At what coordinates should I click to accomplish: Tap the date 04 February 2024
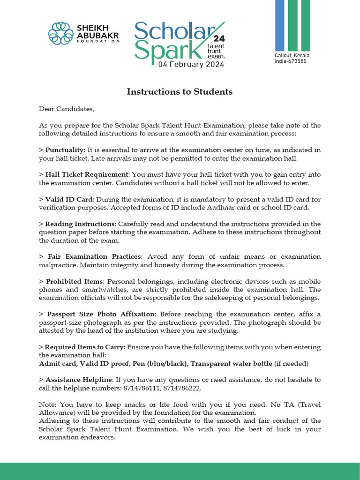tap(191, 64)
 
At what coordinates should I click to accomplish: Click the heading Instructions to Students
tap(180, 91)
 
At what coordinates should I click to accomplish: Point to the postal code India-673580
tap(291, 61)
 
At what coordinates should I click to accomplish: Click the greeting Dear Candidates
tap(67, 109)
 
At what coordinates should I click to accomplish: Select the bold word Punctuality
tap(65, 150)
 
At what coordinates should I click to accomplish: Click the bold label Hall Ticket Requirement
tap(87, 174)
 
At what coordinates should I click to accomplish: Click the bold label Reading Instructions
tap(80, 224)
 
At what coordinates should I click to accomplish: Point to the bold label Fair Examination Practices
tap(94, 257)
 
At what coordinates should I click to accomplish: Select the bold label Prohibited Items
tap(74, 281)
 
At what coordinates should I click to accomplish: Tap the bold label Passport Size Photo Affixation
tap(100, 314)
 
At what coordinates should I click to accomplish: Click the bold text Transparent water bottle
tap(231, 363)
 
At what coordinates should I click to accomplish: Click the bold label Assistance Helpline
tap(79, 380)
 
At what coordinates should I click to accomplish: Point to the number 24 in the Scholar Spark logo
tap(219, 38)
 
